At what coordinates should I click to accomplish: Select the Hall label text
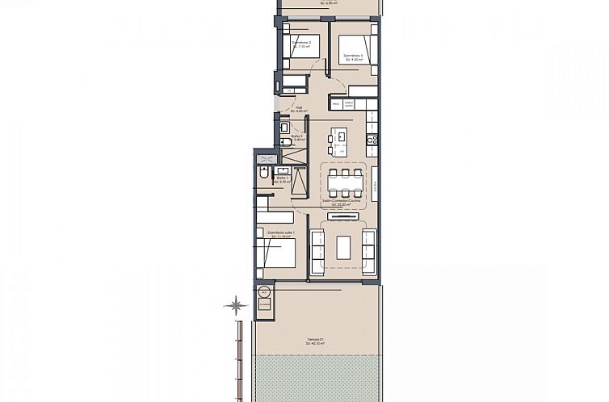point(298,109)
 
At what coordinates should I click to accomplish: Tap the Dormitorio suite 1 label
point(282,234)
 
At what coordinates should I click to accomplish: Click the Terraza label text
point(316,340)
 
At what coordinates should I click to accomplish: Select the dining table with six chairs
point(345,182)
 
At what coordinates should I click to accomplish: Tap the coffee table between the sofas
point(345,246)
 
